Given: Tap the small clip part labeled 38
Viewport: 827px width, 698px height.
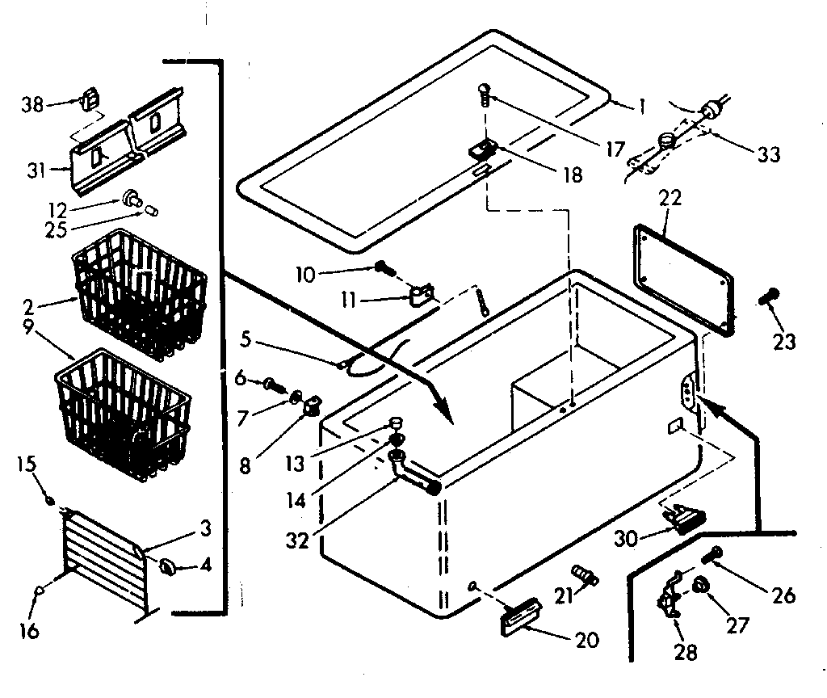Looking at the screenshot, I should point(90,101).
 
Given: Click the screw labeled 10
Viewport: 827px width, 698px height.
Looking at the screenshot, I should point(383,268).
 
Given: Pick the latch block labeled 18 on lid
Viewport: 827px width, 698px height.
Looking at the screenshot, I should point(483,149).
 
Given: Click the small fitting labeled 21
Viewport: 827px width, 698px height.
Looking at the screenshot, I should point(586,575).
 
